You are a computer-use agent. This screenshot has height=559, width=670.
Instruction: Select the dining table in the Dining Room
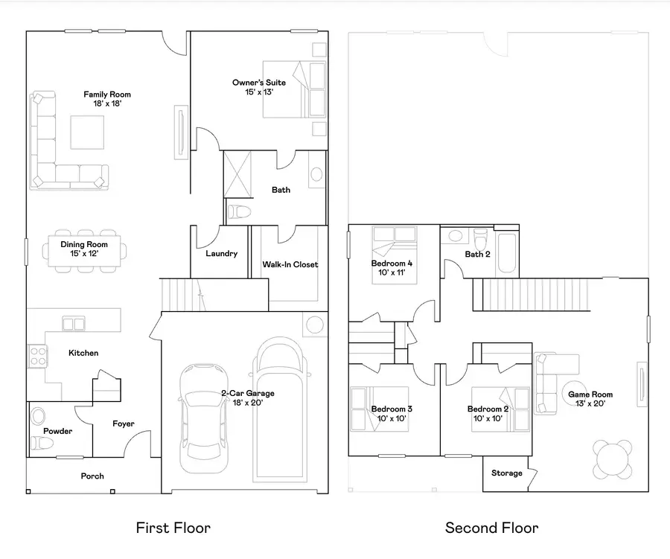pos(84,249)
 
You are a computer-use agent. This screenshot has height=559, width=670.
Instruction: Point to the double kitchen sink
pos(73,323)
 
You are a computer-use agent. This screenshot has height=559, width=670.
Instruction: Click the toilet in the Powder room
pos(40,444)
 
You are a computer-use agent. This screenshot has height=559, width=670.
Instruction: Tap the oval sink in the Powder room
pos(39,416)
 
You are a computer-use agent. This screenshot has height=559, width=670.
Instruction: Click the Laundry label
pos(221,254)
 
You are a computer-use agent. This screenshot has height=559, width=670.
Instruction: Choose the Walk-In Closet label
pos(290,264)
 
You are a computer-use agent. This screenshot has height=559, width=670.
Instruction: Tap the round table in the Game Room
pos(613,459)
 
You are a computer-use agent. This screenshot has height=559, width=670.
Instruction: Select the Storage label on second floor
pos(506,473)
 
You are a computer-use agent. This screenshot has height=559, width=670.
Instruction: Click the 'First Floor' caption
pos(173,528)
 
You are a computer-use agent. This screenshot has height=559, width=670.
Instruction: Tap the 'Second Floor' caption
pos(491,528)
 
